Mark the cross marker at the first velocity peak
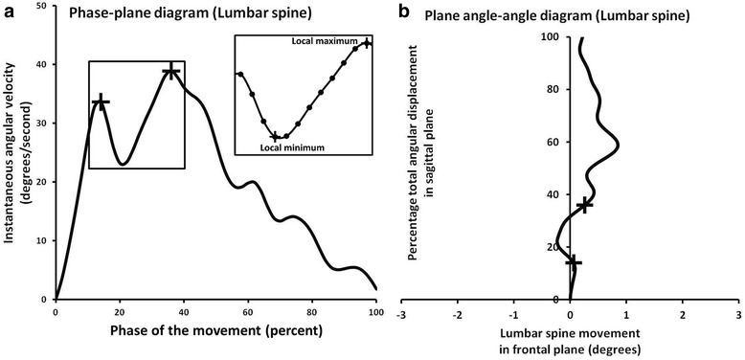pos(101,101)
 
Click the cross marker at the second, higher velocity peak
pos(170,71)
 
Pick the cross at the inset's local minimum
pos(275,137)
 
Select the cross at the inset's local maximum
pos(366,43)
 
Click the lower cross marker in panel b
pos(574,261)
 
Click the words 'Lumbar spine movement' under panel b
pos(569,334)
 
